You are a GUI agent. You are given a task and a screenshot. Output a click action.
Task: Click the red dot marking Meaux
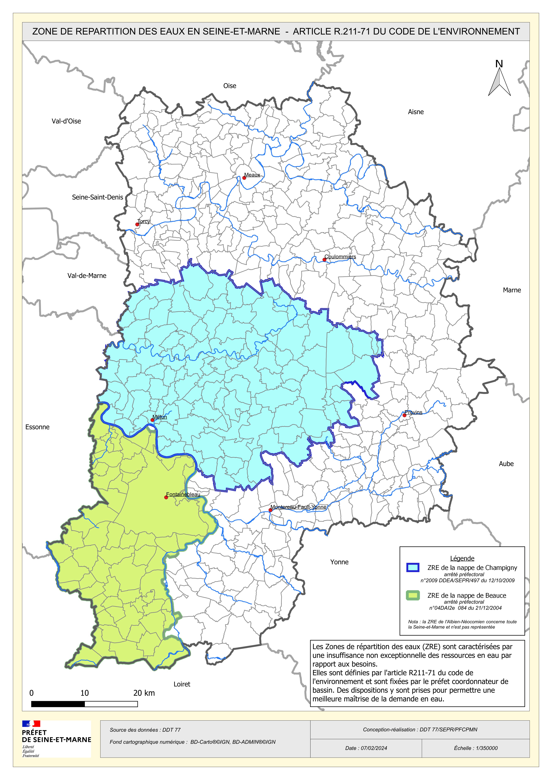click(244, 178)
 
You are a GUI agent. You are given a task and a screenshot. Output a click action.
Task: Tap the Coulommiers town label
click(340, 256)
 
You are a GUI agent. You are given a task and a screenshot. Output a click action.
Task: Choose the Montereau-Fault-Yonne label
click(298, 507)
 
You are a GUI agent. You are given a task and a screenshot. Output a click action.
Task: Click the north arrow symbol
click(499, 81)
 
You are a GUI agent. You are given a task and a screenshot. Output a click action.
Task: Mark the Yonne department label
click(339, 562)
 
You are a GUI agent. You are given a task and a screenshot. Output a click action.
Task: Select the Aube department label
click(506, 464)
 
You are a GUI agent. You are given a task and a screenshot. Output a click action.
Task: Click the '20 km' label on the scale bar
click(144, 693)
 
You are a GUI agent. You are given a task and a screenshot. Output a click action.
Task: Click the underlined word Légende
click(462, 558)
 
